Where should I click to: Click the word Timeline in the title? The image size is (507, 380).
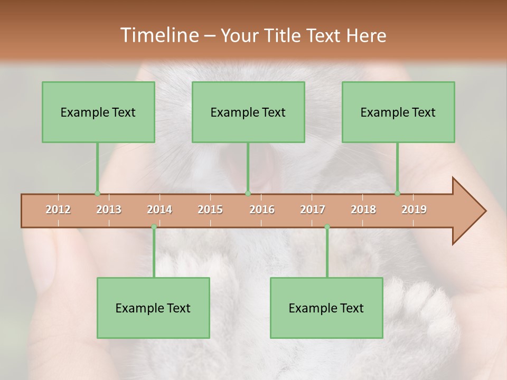(x=158, y=35)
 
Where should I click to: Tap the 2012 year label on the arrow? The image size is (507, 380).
(x=58, y=210)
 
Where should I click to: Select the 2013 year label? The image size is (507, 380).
(x=109, y=210)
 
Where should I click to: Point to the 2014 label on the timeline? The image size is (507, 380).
(x=159, y=210)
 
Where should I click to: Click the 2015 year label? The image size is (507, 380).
(x=210, y=210)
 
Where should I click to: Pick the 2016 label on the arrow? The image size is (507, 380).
(x=262, y=210)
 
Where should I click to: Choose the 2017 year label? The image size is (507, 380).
(x=313, y=210)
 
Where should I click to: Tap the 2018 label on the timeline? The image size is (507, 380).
(x=363, y=210)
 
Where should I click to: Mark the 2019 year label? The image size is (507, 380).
(x=414, y=210)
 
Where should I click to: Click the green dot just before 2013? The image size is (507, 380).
(x=97, y=194)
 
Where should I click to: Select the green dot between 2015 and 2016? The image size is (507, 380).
(x=248, y=194)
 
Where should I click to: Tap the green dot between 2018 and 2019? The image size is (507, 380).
(x=398, y=194)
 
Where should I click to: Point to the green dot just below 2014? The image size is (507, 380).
(x=154, y=227)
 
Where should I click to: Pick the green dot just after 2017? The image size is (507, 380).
(x=327, y=227)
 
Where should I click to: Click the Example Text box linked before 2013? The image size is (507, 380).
(x=98, y=112)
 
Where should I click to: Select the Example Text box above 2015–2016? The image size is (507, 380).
(x=248, y=112)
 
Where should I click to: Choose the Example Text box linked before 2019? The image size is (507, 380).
(x=398, y=112)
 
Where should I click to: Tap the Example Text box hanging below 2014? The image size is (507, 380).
(x=153, y=308)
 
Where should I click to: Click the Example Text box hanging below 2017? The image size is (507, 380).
(x=326, y=308)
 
